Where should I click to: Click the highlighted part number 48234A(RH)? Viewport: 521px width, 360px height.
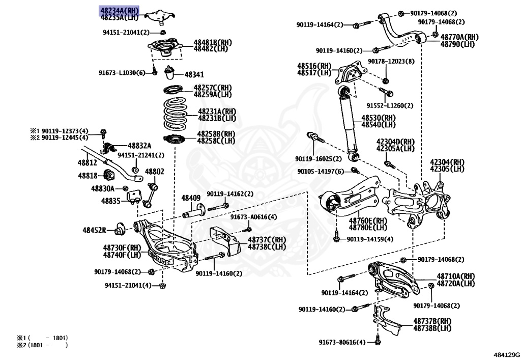coord(119,10)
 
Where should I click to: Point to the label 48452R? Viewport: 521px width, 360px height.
coord(94,230)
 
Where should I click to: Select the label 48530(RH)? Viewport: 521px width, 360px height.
coord(379,118)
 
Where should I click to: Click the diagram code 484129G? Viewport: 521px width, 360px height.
coord(507,353)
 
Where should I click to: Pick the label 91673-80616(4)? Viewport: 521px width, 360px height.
coord(342,342)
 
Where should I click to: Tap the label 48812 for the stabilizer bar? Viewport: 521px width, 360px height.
coord(87,162)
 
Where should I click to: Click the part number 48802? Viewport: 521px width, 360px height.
coord(155,172)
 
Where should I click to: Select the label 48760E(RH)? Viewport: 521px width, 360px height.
coord(367,221)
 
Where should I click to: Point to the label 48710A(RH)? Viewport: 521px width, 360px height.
coord(455,276)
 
